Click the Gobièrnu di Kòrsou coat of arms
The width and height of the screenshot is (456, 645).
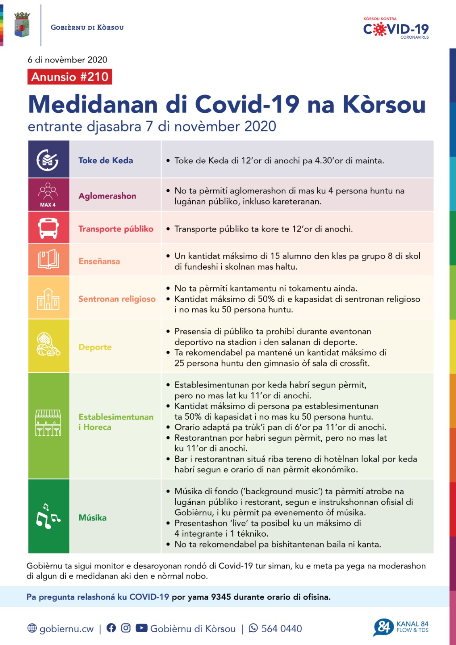click(x=22, y=25)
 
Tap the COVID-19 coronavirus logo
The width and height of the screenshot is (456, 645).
click(x=396, y=29)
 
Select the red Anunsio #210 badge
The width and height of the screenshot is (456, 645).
click(x=70, y=77)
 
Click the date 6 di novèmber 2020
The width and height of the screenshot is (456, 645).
click(x=67, y=60)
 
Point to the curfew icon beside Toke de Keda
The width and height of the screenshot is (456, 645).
click(x=48, y=160)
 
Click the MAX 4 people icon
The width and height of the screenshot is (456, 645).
click(x=48, y=195)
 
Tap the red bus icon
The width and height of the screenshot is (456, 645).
click(x=48, y=228)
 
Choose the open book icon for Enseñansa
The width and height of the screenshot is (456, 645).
click(x=48, y=259)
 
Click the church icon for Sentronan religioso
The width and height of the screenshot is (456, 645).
click(x=48, y=299)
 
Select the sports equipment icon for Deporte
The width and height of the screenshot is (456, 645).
click(x=48, y=345)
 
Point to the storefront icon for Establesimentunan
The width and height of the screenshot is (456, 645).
click(x=48, y=422)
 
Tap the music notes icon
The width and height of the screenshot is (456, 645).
click(x=48, y=516)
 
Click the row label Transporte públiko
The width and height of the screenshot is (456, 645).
click(x=116, y=229)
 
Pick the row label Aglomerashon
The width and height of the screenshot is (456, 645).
click(x=107, y=196)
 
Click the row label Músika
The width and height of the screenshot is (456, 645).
click(x=92, y=518)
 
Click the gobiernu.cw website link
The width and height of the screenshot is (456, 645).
click(x=66, y=628)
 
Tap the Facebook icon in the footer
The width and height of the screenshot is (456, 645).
click(x=111, y=628)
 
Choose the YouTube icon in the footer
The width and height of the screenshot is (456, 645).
click(x=142, y=628)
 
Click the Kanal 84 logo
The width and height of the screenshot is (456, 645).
click(x=401, y=627)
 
